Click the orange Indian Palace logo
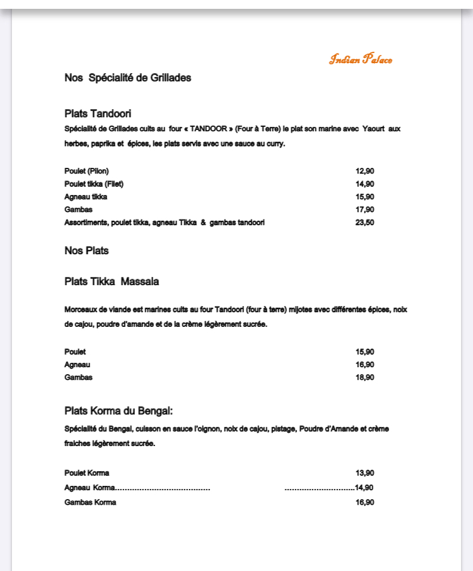[360, 60]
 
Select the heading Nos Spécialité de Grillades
[127, 78]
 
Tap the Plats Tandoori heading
[98, 114]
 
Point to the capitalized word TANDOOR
[208, 129]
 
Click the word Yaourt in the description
[373, 129]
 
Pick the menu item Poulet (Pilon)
[86, 171]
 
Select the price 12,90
[365, 171]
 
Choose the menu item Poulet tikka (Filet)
[94, 184]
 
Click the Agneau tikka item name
[86, 197]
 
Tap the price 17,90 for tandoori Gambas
[365, 209]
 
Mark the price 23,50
[365, 223]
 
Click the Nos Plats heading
[86, 250]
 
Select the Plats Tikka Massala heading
[112, 281]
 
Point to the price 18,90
[365, 377]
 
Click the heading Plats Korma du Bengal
[119, 411]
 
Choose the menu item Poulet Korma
[87, 473]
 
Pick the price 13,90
[365, 473]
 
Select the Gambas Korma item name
[90, 503]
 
